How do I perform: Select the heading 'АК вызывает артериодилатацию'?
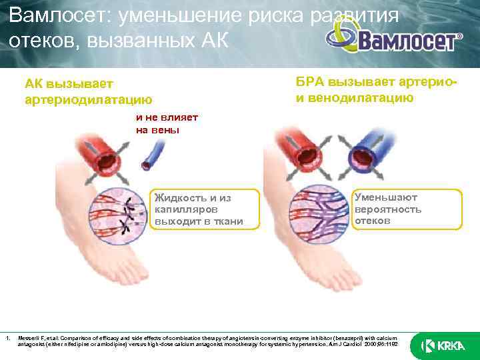[x=88, y=92]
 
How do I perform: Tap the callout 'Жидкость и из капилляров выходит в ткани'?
[x=198, y=209]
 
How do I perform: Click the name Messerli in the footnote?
[x=30, y=337]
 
